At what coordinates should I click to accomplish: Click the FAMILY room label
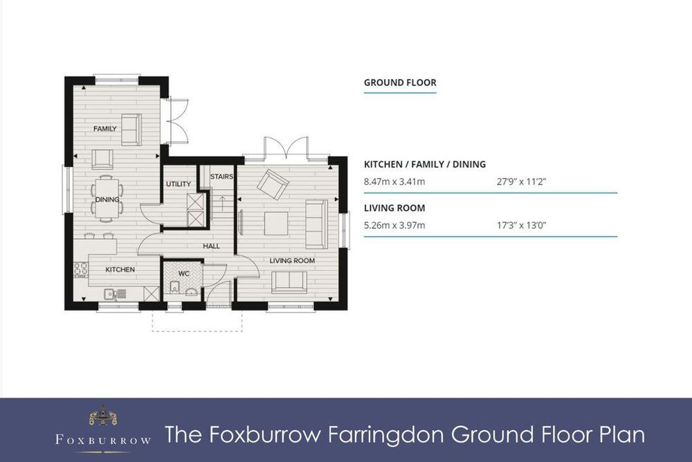point(105,129)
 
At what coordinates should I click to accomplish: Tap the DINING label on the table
point(107,199)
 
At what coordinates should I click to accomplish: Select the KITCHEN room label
point(120,269)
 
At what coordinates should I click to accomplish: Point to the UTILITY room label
point(179,184)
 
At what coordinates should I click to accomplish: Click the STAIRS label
point(221,177)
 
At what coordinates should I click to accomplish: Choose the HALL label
point(211,246)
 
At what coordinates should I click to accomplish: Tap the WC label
point(184,274)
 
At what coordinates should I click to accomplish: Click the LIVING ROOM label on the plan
point(292,260)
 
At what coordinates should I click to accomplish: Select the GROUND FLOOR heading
point(400,82)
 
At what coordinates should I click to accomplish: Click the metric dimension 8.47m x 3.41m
point(394,181)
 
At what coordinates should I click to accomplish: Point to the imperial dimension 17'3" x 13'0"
point(522,225)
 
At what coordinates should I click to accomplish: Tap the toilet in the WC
point(174,287)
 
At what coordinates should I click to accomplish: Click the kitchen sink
point(115,293)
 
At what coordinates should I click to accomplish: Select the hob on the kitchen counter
point(81,269)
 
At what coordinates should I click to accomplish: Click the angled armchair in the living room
point(273,184)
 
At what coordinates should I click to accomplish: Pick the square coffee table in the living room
point(276,224)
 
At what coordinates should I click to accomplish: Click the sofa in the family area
point(131,130)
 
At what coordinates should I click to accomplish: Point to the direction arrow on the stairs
point(222,203)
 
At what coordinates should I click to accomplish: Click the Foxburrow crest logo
point(103,416)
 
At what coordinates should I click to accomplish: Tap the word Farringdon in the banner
point(385,435)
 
